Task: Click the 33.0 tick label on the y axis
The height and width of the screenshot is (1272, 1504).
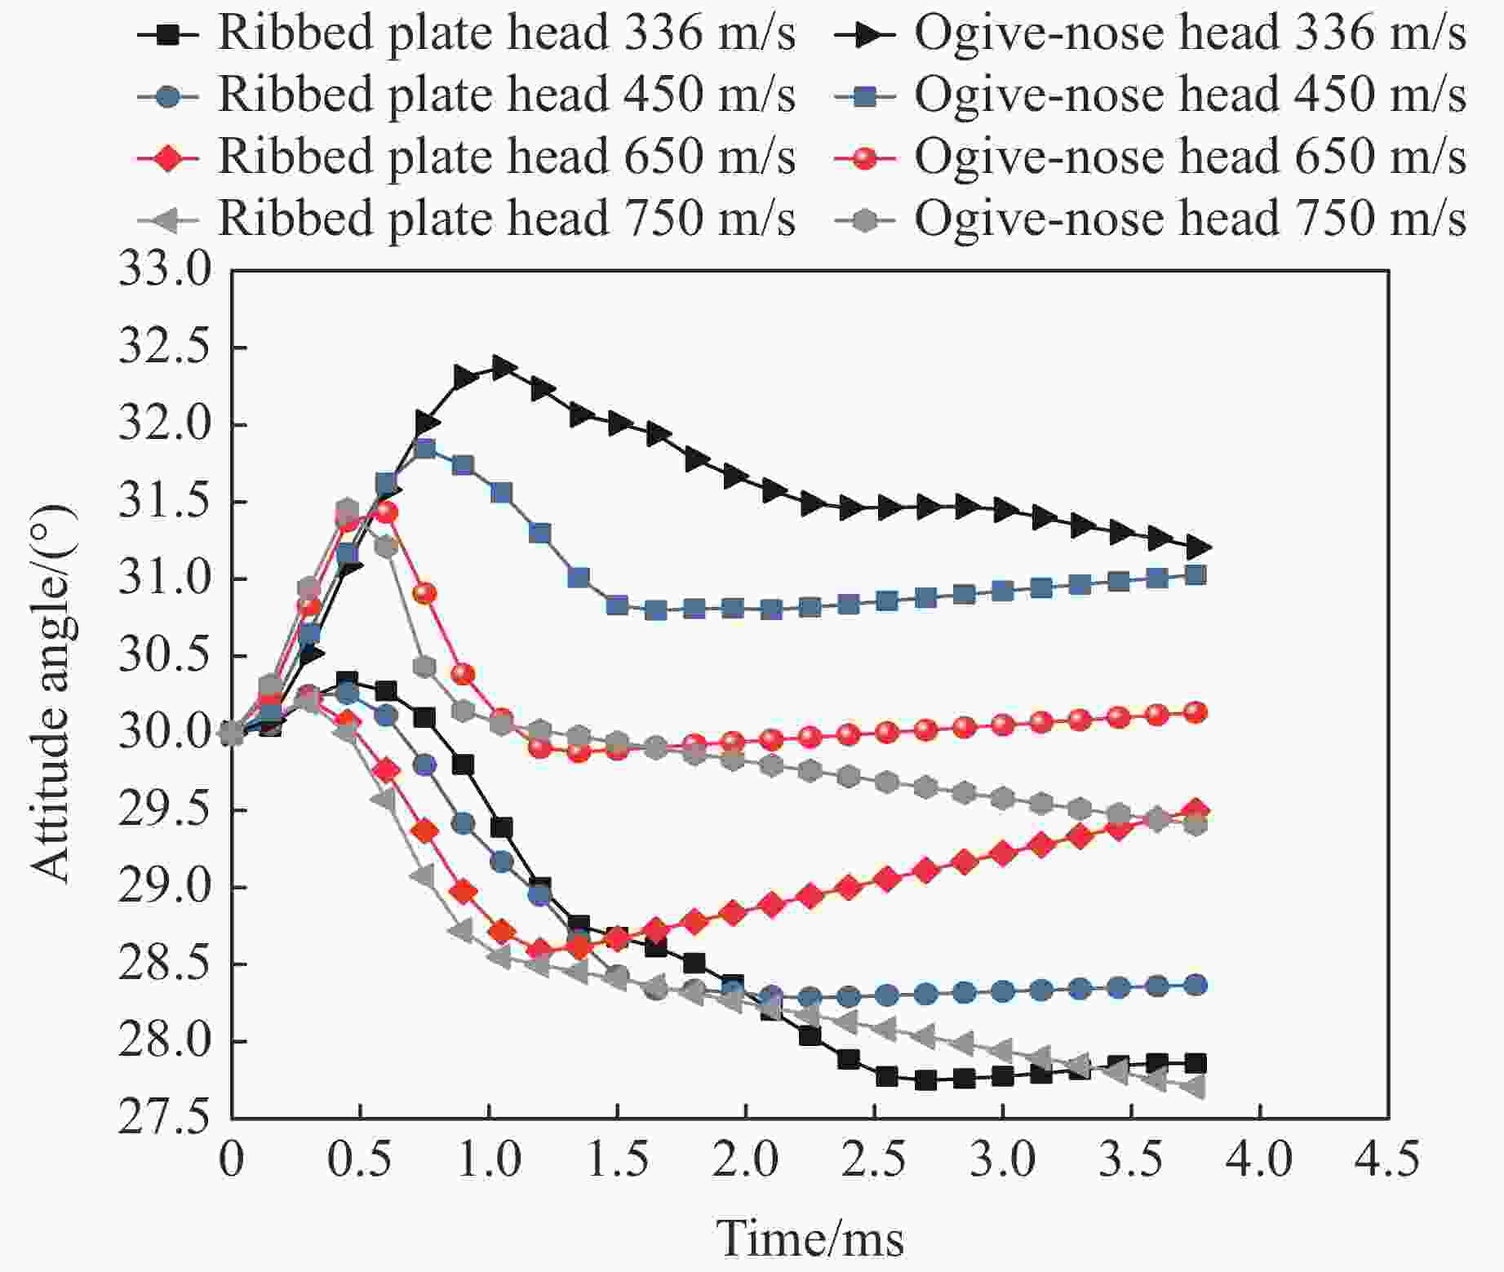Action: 164,270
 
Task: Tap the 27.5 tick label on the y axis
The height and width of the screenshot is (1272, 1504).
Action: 164,1119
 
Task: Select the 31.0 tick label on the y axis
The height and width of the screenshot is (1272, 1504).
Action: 164,578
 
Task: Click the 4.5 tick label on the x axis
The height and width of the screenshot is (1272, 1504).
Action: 1387,1159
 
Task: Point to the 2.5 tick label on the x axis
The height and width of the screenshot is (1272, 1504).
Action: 873,1159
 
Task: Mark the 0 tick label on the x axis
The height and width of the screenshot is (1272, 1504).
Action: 232,1159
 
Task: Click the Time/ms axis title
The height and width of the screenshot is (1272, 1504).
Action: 810,1239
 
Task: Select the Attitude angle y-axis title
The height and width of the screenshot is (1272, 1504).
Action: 54,694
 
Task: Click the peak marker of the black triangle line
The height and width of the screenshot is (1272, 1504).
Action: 502,368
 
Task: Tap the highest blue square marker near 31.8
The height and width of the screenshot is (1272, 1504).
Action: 424,449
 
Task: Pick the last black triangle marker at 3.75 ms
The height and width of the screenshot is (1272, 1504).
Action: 1197,547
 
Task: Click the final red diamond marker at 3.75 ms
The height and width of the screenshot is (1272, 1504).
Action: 1196,811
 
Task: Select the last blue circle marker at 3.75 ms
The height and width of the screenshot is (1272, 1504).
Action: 1196,985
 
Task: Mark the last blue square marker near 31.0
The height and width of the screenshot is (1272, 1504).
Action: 1196,575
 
